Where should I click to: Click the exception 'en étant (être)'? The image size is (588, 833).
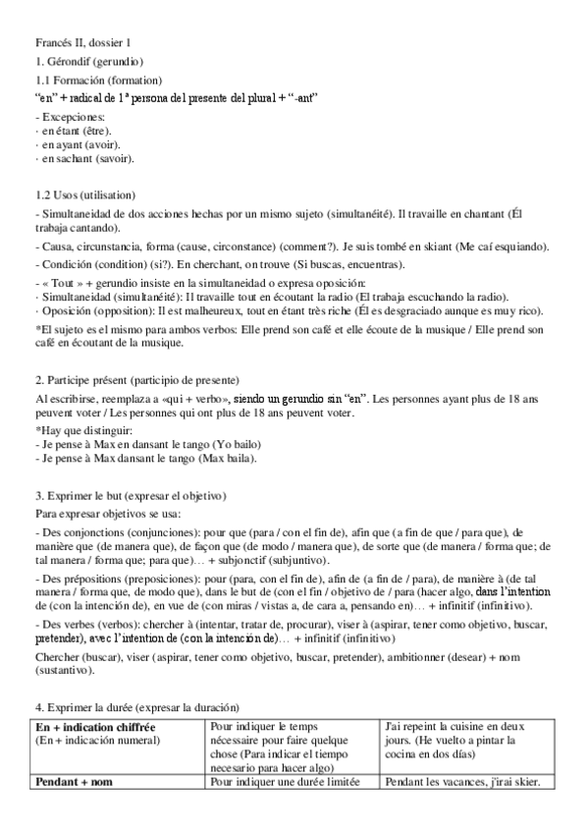77,130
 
